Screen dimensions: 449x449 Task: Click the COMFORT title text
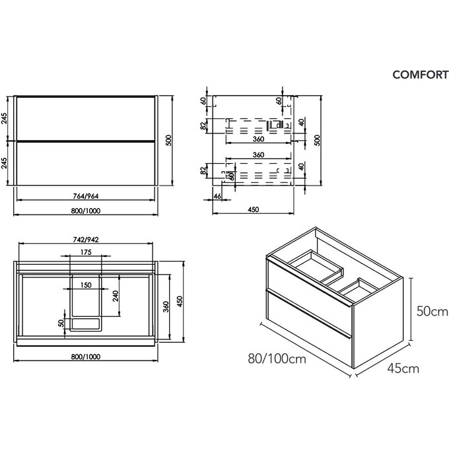[x=420, y=75]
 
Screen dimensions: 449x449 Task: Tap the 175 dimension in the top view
[x=85, y=252]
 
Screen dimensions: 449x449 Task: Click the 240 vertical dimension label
[x=116, y=296]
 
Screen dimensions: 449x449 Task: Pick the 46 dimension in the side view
[x=217, y=196]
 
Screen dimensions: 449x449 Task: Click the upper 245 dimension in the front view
[x=5, y=119]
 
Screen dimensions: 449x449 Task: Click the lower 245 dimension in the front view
[x=5, y=163]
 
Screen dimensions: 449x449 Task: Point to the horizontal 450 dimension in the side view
[x=253, y=209]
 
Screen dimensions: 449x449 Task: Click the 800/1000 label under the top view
[x=85, y=356]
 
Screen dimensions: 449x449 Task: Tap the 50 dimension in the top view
[x=60, y=324]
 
